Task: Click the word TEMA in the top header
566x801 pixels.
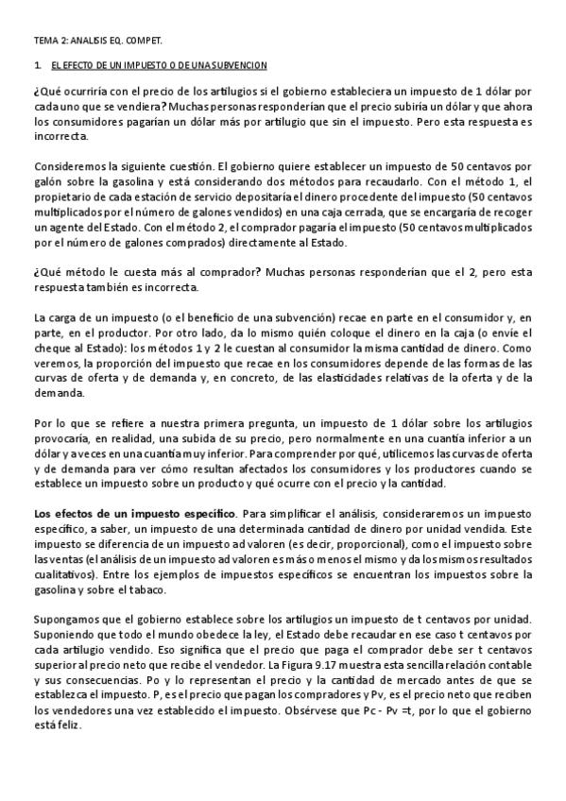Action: tap(44, 43)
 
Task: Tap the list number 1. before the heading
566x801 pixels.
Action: tap(36, 67)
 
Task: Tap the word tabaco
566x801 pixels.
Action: tap(142, 588)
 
